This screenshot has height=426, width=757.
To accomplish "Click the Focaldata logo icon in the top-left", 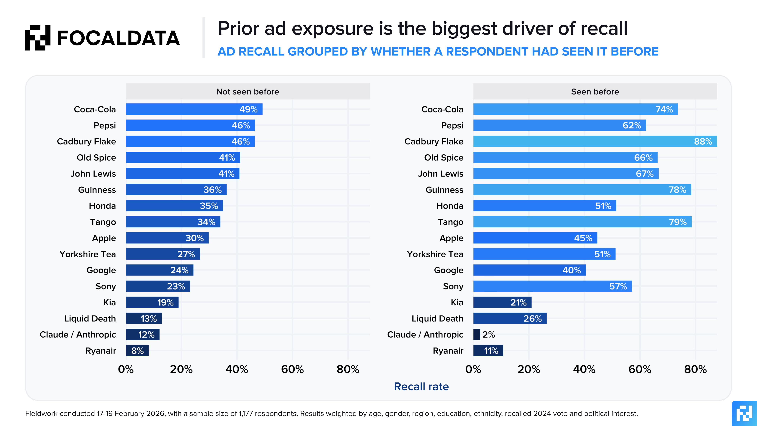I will click(38, 38).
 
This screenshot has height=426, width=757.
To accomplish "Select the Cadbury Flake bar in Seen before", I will click(595, 141).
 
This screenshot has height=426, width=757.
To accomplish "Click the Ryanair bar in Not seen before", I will click(137, 351).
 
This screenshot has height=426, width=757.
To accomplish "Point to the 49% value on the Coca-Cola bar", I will click(248, 109).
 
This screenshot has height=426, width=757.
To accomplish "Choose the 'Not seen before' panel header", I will click(247, 92).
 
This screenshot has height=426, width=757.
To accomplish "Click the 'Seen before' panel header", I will click(595, 92).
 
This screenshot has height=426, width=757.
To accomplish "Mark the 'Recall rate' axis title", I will click(421, 387).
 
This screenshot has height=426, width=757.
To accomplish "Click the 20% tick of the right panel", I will click(529, 369).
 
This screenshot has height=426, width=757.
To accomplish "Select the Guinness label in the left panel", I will click(97, 190).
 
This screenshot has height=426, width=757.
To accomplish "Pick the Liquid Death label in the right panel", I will click(437, 319).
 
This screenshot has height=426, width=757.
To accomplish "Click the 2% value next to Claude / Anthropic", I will click(489, 335).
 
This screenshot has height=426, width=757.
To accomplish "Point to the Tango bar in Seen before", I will click(582, 222).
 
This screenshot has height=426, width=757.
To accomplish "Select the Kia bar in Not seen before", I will click(152, 303).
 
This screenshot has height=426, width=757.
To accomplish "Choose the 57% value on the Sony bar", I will click(618, 286).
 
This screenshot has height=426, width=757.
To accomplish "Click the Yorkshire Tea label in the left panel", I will click(88, 254).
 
